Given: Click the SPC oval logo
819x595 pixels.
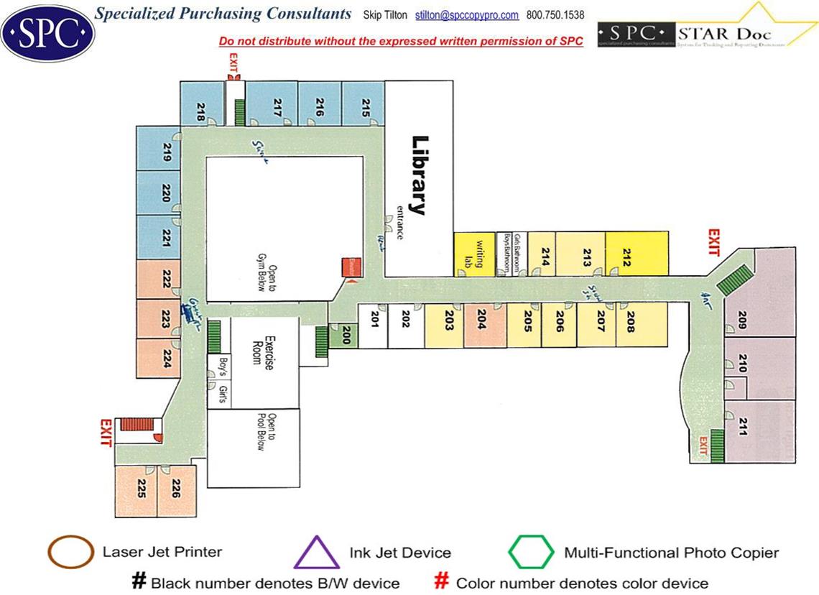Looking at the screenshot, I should [x=47, y=33].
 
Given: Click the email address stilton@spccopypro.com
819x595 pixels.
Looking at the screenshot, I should [x=467, y=15].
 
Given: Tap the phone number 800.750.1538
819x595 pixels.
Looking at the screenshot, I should [x=555, y=15].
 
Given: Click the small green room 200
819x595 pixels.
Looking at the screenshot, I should [x=344, y=336].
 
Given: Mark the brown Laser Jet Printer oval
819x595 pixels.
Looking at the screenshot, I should [x=70, y=553].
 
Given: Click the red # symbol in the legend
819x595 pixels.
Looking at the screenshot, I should [x=443, y=581].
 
